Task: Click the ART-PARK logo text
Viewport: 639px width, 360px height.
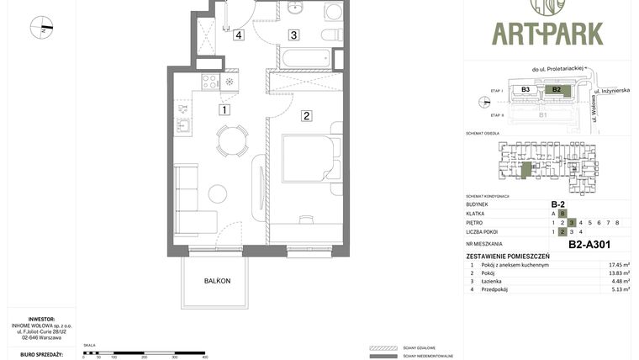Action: (x=547, y=34)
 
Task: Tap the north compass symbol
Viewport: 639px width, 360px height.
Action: (x=41, y=28)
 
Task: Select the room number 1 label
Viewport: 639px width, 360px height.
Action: (x=224, y=109)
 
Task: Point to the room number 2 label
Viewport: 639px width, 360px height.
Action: (x=307, y=116)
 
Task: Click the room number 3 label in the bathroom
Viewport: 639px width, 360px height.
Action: (x=293, y=35)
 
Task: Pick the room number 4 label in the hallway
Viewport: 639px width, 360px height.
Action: (x=239, y=35)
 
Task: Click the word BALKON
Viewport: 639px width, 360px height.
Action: (x=217, y=281)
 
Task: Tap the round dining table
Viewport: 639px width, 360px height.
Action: (x=231, y=140)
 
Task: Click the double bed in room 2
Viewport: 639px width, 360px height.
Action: (x=311, y=157)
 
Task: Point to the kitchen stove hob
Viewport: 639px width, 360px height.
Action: (x=210, y=82)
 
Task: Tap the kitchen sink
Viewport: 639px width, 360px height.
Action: (x=182, y=126)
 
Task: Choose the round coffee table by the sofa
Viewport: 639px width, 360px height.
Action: (x=218, y=193)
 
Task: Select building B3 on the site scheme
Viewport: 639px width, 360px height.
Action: (x=525, y=89)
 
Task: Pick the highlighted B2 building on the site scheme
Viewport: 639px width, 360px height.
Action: (x=556, y=89)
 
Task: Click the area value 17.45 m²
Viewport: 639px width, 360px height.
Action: (x=619, y=265)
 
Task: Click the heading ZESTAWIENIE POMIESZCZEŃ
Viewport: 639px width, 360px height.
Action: (x=508, y=256)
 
